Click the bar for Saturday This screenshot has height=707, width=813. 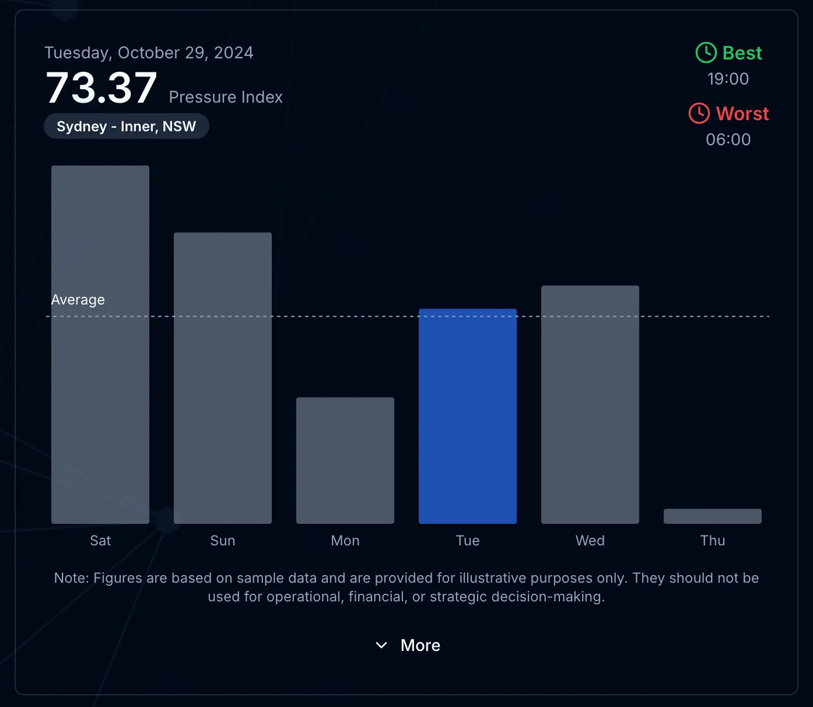tap(100, 344)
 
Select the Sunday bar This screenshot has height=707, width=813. tap(223, 378)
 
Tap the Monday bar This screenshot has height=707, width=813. tap(345, 460)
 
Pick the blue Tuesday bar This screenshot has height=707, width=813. tap(468, 416)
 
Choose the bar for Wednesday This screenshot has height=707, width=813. tap(590, 404)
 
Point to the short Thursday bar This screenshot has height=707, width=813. tap(713, 516)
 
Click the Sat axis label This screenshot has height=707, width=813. tap(100, 541)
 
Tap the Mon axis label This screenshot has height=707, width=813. tap(345, 541)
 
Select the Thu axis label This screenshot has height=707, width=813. tap(713, 541)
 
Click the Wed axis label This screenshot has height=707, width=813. tap(590, 541)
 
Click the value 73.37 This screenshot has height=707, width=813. tap(101, 88)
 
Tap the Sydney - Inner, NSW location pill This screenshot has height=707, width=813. tap(127, 127)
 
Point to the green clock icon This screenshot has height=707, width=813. tap(706, 52)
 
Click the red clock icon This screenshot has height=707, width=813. tap(699, 113)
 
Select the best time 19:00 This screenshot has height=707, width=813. tap(728, 79)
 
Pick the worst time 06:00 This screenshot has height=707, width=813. tap(728, 139)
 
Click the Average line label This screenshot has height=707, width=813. tap(78, 300)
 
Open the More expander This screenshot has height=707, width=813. tap(408, 645)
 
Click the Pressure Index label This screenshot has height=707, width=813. tap(226, 97)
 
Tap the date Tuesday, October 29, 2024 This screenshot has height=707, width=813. tap(149, 52)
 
